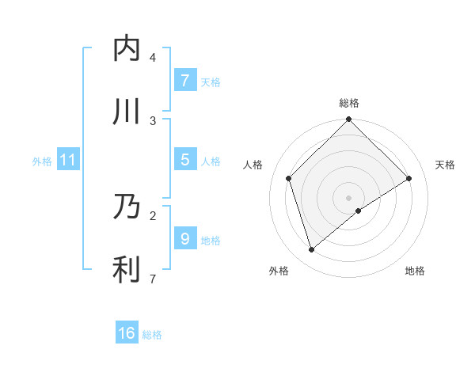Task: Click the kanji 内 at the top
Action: (x=127, y=49)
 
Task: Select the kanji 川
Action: (x=127, y=112)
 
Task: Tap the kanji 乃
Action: (x=127, y=208)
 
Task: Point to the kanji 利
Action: (x=127, y=270)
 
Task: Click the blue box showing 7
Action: (x=184, y=81)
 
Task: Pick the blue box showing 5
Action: (x=184, y=160)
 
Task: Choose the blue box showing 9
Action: (x=184, y=239)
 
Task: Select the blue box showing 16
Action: (x=127, y=334)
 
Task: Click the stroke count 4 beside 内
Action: (x=152, y=58)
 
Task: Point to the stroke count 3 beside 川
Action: (x=152, y=120)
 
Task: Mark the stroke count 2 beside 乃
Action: (x=152, y=215)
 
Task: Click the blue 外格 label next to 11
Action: (x=42, y=161)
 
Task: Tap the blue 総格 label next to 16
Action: (x=152, y=335)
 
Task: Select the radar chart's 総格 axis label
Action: (x=349, y=103)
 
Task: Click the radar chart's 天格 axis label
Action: (x=445, y=165)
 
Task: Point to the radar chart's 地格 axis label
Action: (x=415, y=271)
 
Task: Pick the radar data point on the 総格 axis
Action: (x=349, y=120)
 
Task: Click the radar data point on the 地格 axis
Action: (x=359, y=211)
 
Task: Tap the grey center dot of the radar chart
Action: (x=349, y=197)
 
